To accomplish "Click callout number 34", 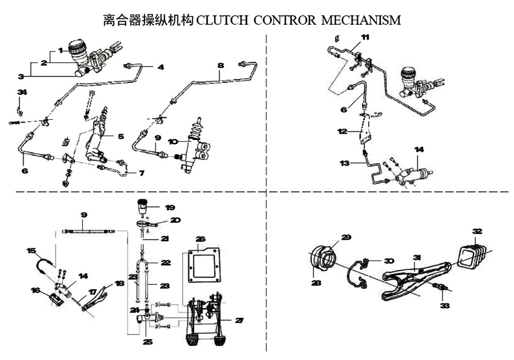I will pos(21,92).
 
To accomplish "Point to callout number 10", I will pos(173,141).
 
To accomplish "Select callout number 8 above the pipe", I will pos(221,66).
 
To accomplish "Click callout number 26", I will pos(200,239).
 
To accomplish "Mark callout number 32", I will pos(478,230).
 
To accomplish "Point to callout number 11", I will pos(364,37).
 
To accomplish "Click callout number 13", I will pos(344,163).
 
